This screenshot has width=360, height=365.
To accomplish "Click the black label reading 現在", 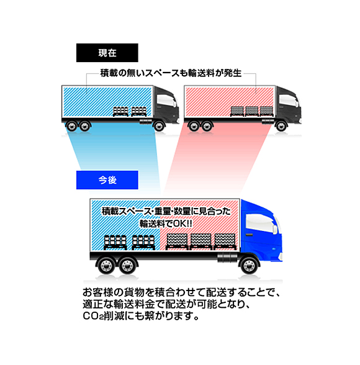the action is [x=107, y=53].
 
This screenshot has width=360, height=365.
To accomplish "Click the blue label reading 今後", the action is [x=107, y=180].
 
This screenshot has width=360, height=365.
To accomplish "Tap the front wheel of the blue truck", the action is [x=250, y=265].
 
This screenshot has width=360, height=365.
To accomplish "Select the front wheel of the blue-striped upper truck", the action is [x=159, y=127].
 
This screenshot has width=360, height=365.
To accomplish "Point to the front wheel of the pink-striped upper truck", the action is [x=281, y=127].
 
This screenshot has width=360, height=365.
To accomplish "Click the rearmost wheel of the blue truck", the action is [x=106, y=265].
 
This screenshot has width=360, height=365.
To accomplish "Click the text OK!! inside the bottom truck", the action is [x=182, y=223].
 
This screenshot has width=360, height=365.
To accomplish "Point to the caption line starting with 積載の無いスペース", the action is [x=171, y=73].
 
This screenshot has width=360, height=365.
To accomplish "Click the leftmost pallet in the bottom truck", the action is [x=115, y=242].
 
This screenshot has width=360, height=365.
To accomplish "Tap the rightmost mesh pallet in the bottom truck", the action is [x=225, y=241].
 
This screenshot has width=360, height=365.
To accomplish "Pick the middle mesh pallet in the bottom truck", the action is [x=201, y=241].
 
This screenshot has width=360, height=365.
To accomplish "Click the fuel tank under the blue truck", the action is [x=227, y=258].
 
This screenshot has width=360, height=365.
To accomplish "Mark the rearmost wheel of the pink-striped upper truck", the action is [x=194, y=127].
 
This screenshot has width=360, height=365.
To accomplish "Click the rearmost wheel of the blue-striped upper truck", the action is [x=71, y=127].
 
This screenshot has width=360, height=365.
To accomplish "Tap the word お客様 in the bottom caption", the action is [x=99, y=292].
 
